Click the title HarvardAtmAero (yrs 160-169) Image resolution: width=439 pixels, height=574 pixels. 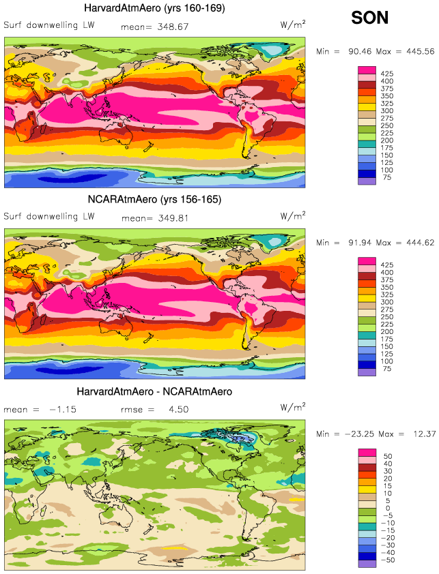(154, 8)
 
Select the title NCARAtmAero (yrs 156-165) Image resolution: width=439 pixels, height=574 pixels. (154, 199)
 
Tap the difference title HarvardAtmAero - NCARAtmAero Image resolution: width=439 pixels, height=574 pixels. (154, 391)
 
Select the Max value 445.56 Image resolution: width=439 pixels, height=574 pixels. (416, 51)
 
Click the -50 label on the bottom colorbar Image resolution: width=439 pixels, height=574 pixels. (387, 560)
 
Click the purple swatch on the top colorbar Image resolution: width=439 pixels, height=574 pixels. (367, 181)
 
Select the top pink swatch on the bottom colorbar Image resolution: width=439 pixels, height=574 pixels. (367, 453)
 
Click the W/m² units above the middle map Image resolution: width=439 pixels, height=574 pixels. (293, 216)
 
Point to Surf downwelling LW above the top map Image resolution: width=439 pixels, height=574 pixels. (49, 26)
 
